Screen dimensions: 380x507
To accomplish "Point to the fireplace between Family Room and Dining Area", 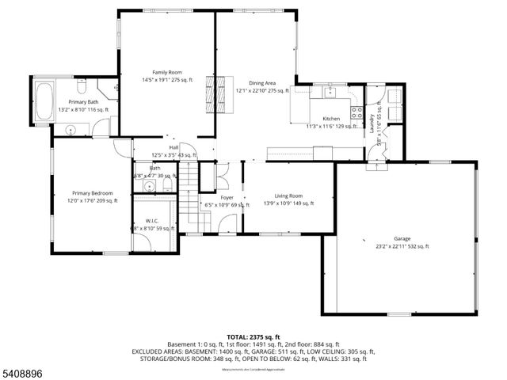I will (x=212, y=93).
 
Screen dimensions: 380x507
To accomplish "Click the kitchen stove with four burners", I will (x=356, y=112).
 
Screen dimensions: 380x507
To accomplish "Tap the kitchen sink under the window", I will (x=330, y=94).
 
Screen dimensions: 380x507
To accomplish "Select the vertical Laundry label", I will (x=370, y=124).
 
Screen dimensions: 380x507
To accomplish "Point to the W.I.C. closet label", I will (x=152, y=221).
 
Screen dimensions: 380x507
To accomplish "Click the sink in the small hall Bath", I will (x=147, y=186).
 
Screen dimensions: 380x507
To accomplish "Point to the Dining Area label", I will (x=262, y=82).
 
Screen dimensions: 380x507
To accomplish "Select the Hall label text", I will (x=173, y=146).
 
